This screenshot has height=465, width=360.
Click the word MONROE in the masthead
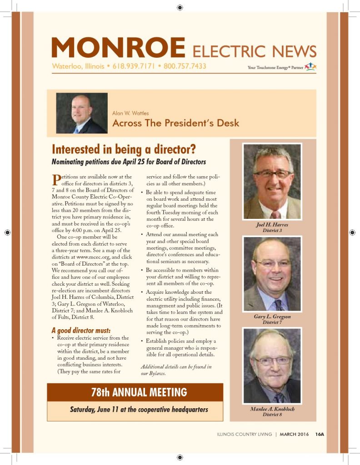pos(118,47)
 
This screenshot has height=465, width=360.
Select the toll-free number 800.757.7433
pos(185,66)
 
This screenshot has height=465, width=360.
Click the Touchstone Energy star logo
pos(310,66)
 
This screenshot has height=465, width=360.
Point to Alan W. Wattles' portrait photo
pos(82,113)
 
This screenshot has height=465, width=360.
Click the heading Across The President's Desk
pos(175,123)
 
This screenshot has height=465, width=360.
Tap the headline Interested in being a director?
pos(125,149)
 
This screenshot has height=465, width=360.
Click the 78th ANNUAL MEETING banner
pos(135,392)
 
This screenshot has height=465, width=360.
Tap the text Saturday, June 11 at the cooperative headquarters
pos(139,410)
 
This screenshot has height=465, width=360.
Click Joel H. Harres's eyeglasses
pos(273,173)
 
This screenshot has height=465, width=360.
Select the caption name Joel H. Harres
pos(272,225)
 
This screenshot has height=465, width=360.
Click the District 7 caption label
pos(272,322)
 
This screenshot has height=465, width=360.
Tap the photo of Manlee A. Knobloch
pos(272,366)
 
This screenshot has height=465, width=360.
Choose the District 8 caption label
pos(272,415)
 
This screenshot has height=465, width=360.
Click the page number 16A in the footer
pos(320,434)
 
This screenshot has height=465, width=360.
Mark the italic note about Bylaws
pos(175,370)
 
